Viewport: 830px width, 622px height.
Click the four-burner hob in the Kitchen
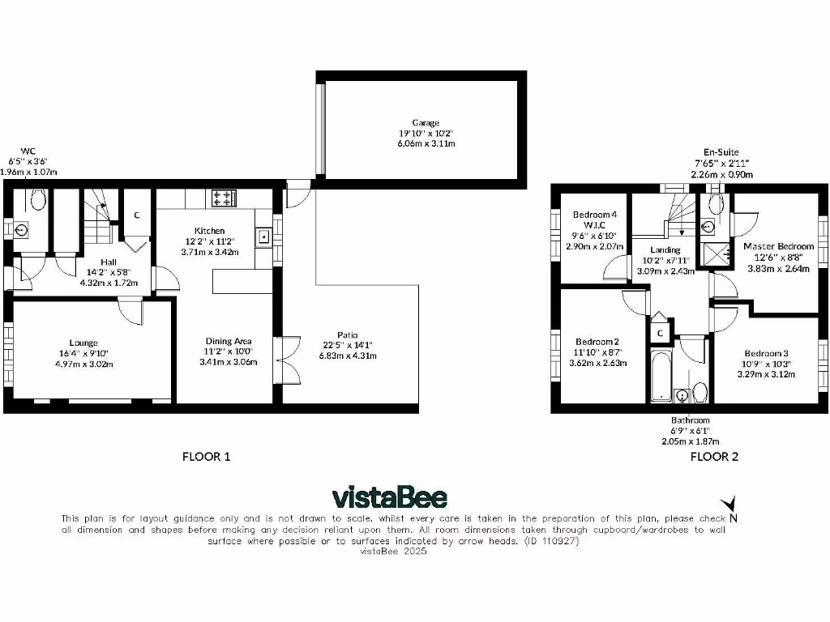click(x=223, y=197)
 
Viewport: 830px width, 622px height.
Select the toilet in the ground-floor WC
click(x=36, y=199)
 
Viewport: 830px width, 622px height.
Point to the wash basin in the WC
click(x=22, y=230)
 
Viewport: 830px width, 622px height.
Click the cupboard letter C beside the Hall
click(x=137, y=215)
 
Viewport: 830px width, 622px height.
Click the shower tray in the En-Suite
click(x=714, y=255)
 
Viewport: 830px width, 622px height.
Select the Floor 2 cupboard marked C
click(x=660, y=332)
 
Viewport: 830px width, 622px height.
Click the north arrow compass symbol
click(x=733, y=505)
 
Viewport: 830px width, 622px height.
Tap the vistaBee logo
click(x=389, y=496)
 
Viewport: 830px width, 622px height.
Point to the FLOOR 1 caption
click(x=206, y=457)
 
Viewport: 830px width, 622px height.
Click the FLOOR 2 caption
click(x=714, y=457)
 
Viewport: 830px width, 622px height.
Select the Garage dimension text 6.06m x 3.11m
click(x=426, y=143)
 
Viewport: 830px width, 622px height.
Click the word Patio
click(x=348, y=334)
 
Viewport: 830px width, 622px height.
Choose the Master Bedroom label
click(x=778, y=246)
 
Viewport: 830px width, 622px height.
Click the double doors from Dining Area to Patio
click(x=282, y=360)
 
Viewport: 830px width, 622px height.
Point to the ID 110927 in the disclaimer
click(x=551, y=540)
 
